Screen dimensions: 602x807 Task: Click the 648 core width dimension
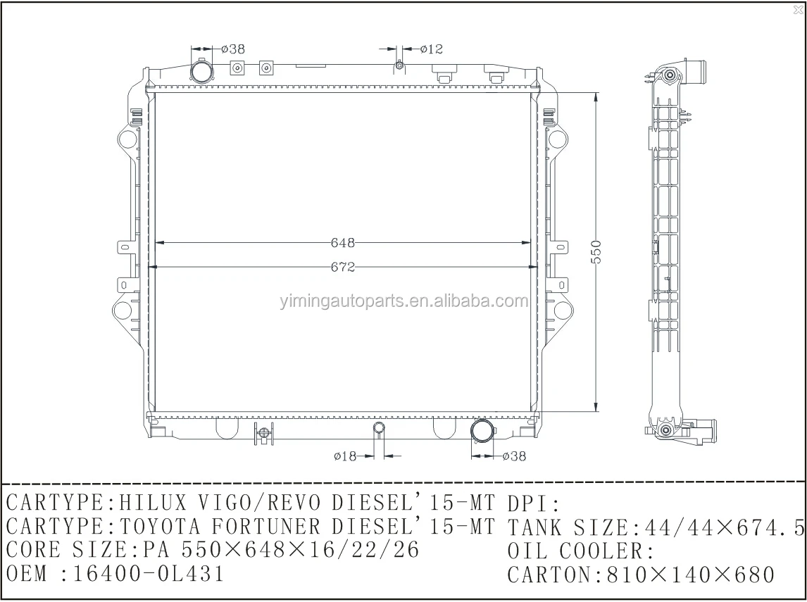(342, 243)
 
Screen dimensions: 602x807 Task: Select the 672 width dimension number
(342, 268)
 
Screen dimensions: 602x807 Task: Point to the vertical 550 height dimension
(596, 251)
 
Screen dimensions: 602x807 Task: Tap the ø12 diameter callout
(431, 49)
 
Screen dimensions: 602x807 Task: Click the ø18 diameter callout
(345, 456)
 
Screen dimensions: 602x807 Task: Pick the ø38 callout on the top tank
(232, 49)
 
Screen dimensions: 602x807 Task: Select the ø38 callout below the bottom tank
(514, 456)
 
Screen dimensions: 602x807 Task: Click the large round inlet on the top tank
(201, 72)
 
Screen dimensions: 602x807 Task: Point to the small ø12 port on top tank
(399, 66)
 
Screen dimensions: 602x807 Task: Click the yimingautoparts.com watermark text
(400, 302)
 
